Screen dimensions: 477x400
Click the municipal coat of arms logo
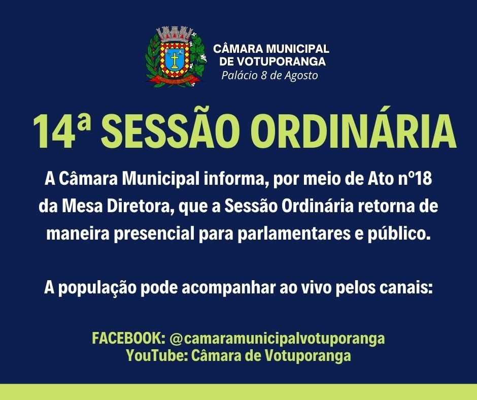176,57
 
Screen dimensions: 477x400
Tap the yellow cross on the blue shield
175,60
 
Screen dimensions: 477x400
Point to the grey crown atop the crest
175,35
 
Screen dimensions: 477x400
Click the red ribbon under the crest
175,80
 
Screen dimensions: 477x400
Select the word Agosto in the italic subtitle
301,76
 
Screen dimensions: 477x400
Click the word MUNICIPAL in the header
297,48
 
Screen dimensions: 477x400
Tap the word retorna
386,207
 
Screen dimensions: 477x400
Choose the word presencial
154,234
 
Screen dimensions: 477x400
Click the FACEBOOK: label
129,338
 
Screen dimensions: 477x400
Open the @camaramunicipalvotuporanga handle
277,339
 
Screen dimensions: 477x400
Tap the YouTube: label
157,355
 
